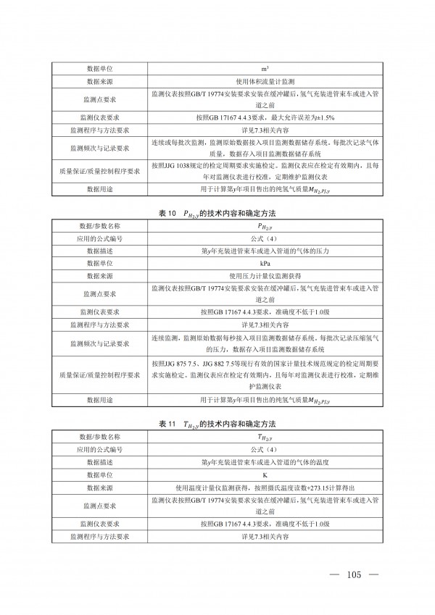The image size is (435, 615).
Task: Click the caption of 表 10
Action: tap(217, 214)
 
